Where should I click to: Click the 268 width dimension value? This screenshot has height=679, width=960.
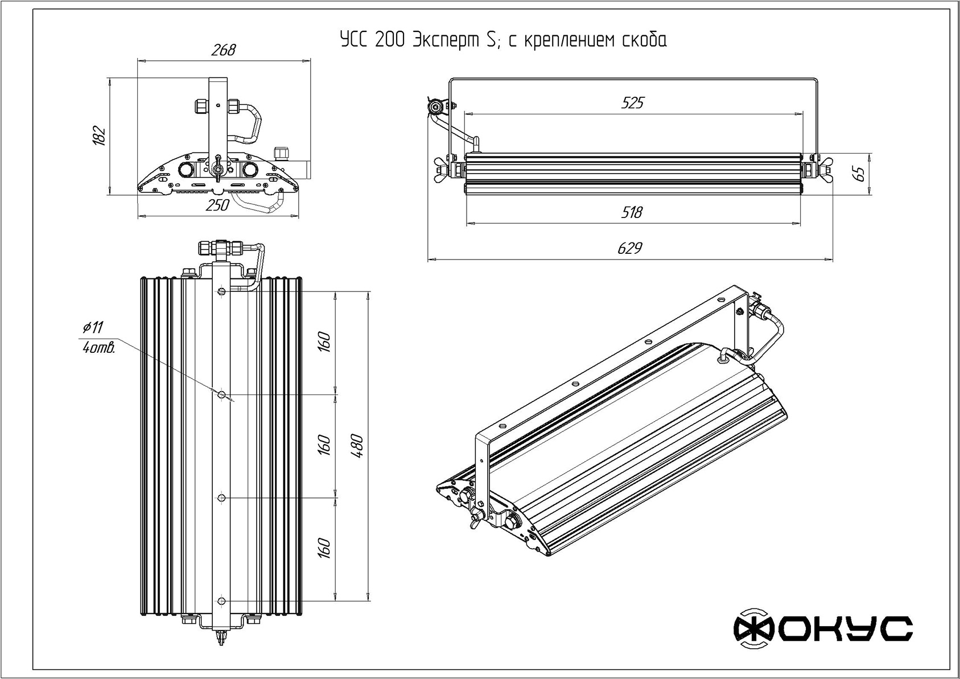223,50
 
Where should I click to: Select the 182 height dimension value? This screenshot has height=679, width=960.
100,135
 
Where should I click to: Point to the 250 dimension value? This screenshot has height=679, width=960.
217,205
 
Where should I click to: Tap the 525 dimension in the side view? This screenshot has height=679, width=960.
632,102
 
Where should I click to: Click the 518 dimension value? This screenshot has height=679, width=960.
631,212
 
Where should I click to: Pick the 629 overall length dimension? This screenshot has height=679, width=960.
629,248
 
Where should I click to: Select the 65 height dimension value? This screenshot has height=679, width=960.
860,173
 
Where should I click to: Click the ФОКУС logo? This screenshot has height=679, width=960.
823,629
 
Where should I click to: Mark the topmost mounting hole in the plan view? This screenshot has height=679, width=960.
221,291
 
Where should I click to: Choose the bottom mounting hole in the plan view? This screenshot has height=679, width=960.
221,601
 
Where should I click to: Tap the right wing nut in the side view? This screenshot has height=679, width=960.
822,169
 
